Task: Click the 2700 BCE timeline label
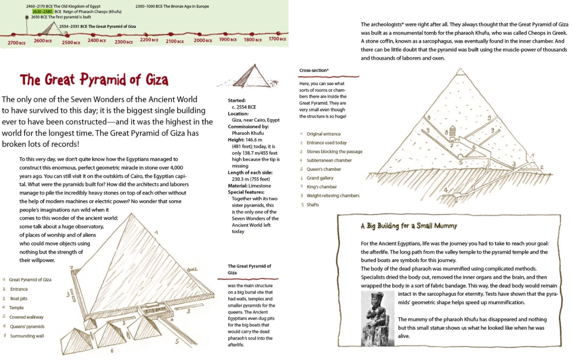point(16,43)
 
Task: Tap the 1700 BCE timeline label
point(277,39)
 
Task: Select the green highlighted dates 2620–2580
point(43,11)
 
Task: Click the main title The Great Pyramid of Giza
point(94,79)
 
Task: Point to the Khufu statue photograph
point(377,318)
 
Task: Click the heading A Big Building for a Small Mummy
point(409,226)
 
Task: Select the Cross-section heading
point(314,70)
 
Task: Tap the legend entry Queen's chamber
point(323,169)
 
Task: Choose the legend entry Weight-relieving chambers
point(333,196)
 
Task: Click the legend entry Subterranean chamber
point(329,161)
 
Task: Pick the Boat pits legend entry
point(19,299)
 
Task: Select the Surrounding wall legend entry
point(27,336)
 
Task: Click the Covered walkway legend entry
point(26,317)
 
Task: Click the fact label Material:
point(238,186)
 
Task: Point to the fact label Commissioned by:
point(248,127)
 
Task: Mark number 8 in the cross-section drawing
point(446,132)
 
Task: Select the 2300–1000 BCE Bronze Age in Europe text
point(172,7)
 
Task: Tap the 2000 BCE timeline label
point(203,41)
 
